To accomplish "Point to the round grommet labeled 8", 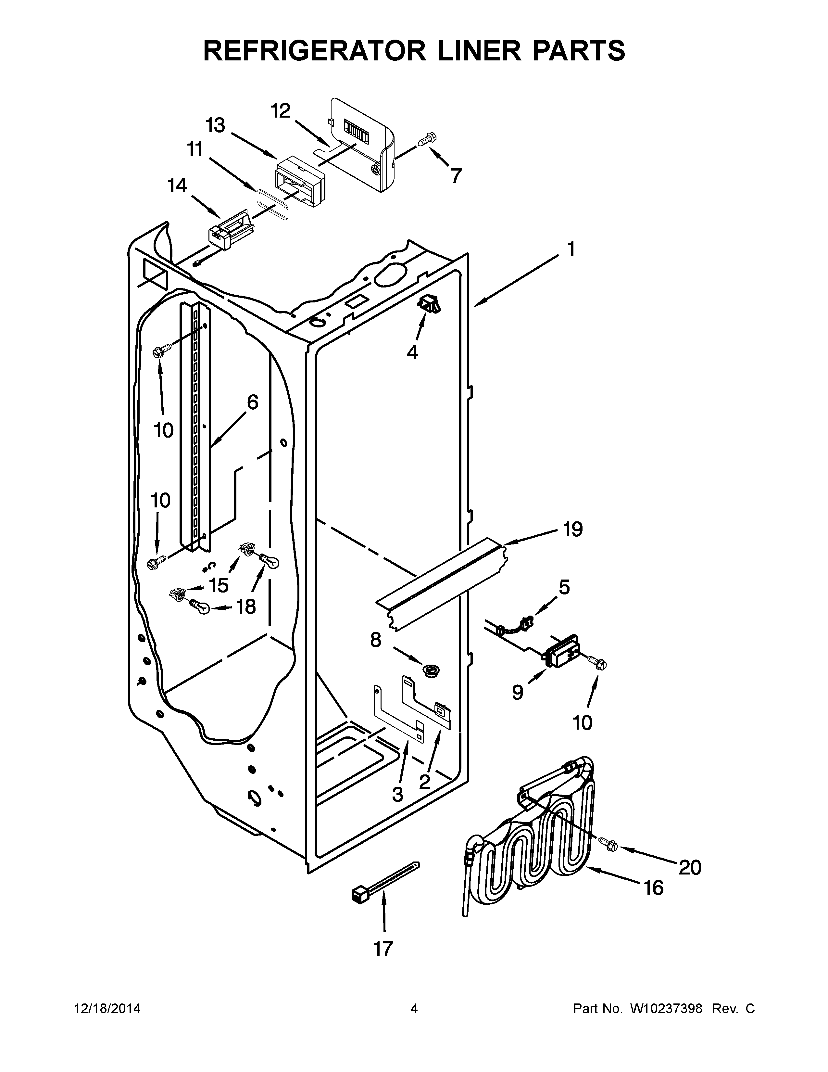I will (431, 669).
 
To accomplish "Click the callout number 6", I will (252, 402).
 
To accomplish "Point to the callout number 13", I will (215, 126).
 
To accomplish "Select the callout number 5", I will (564, 587).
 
